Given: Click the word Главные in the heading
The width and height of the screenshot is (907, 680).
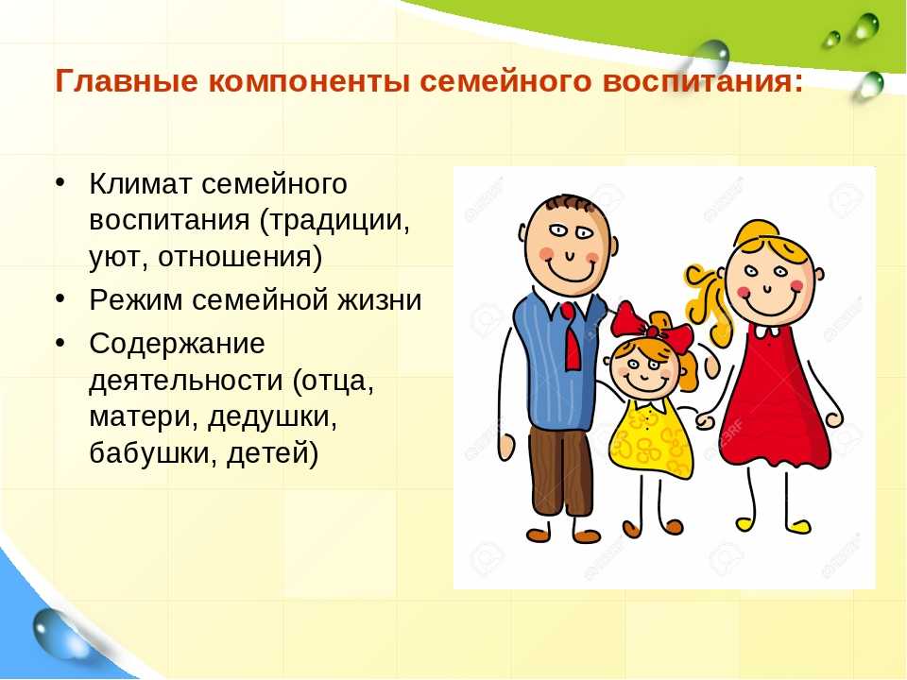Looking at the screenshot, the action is [x=126, y=81].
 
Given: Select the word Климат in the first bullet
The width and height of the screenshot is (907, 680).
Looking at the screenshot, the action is [x=141, y=184].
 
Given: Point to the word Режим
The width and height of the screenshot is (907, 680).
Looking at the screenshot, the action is [x=135, y=300].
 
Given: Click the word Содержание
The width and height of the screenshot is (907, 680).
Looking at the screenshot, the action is [x=177, y=344].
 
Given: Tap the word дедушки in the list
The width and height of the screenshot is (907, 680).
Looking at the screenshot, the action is [x=272, y=416].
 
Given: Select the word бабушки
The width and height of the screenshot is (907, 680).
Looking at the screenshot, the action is [x=153, y=453].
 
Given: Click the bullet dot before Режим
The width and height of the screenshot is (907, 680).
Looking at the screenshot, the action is [x=60, y=298].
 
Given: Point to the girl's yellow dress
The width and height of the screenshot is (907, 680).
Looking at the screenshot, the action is [x=649, y=439].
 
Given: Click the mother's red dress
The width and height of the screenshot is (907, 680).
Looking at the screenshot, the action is [x=774, y=399].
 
